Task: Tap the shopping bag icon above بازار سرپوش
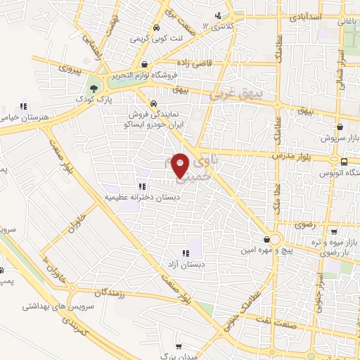340,127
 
